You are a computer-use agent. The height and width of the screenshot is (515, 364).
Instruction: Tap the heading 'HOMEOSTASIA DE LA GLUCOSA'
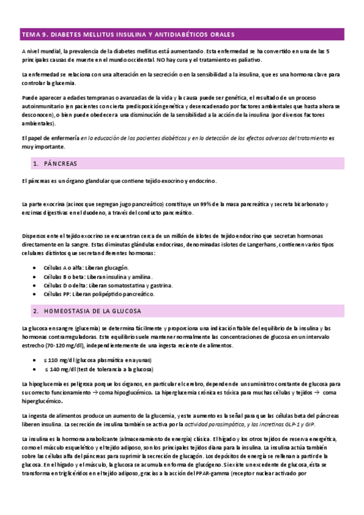93,310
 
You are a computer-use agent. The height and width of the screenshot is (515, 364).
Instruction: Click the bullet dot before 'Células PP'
33,293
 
